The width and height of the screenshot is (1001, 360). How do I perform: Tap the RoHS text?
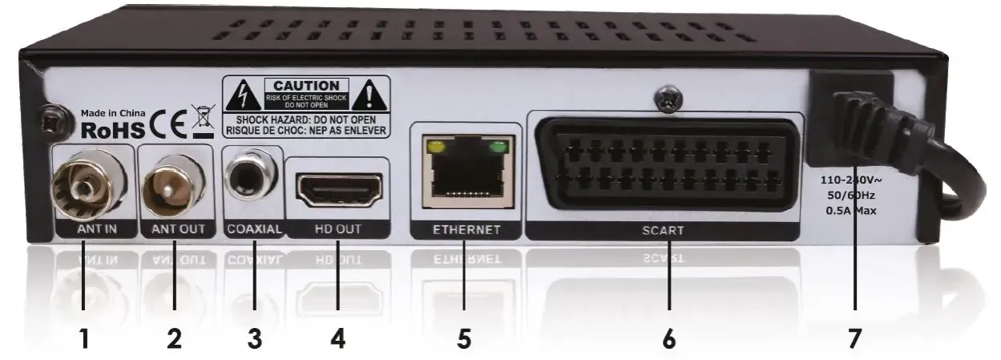tap(113, 129)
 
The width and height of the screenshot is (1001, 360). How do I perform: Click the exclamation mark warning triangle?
tap(371, 97)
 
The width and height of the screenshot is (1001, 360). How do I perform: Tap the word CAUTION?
tap(307, 85)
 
